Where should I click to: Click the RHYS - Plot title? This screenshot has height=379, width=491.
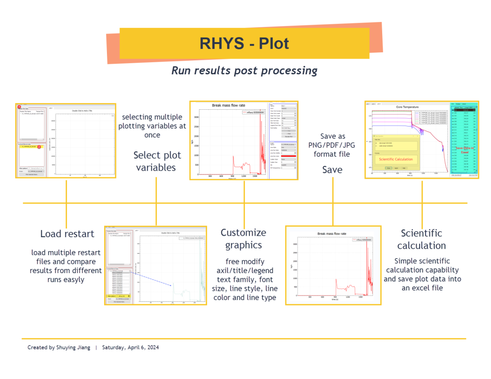(x=244, y=44)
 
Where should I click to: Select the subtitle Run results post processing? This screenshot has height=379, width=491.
(x=244, y=71)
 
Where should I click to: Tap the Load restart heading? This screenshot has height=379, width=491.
(x=67, y=234)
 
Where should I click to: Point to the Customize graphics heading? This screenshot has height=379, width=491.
(x=243, y=239)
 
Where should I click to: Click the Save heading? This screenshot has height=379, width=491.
(x=332, y=170)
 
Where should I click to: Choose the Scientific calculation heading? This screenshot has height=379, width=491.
(x=421, y=239)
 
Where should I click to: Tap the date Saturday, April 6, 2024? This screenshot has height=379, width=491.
(x=130, y=347)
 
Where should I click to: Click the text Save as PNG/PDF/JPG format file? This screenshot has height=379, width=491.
(x=332, y=145)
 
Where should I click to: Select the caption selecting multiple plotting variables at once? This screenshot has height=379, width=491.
(x=152, y=126)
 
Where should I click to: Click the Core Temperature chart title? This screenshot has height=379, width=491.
(x=407, y=107)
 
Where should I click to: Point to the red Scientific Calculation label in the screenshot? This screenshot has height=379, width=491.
(x=396, y=159)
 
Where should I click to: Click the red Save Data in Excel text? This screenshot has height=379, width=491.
(x=464, y=149)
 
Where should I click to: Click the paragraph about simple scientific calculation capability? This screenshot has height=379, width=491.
(x=422, y=275)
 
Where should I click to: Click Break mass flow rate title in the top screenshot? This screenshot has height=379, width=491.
(x=229, y=105)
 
